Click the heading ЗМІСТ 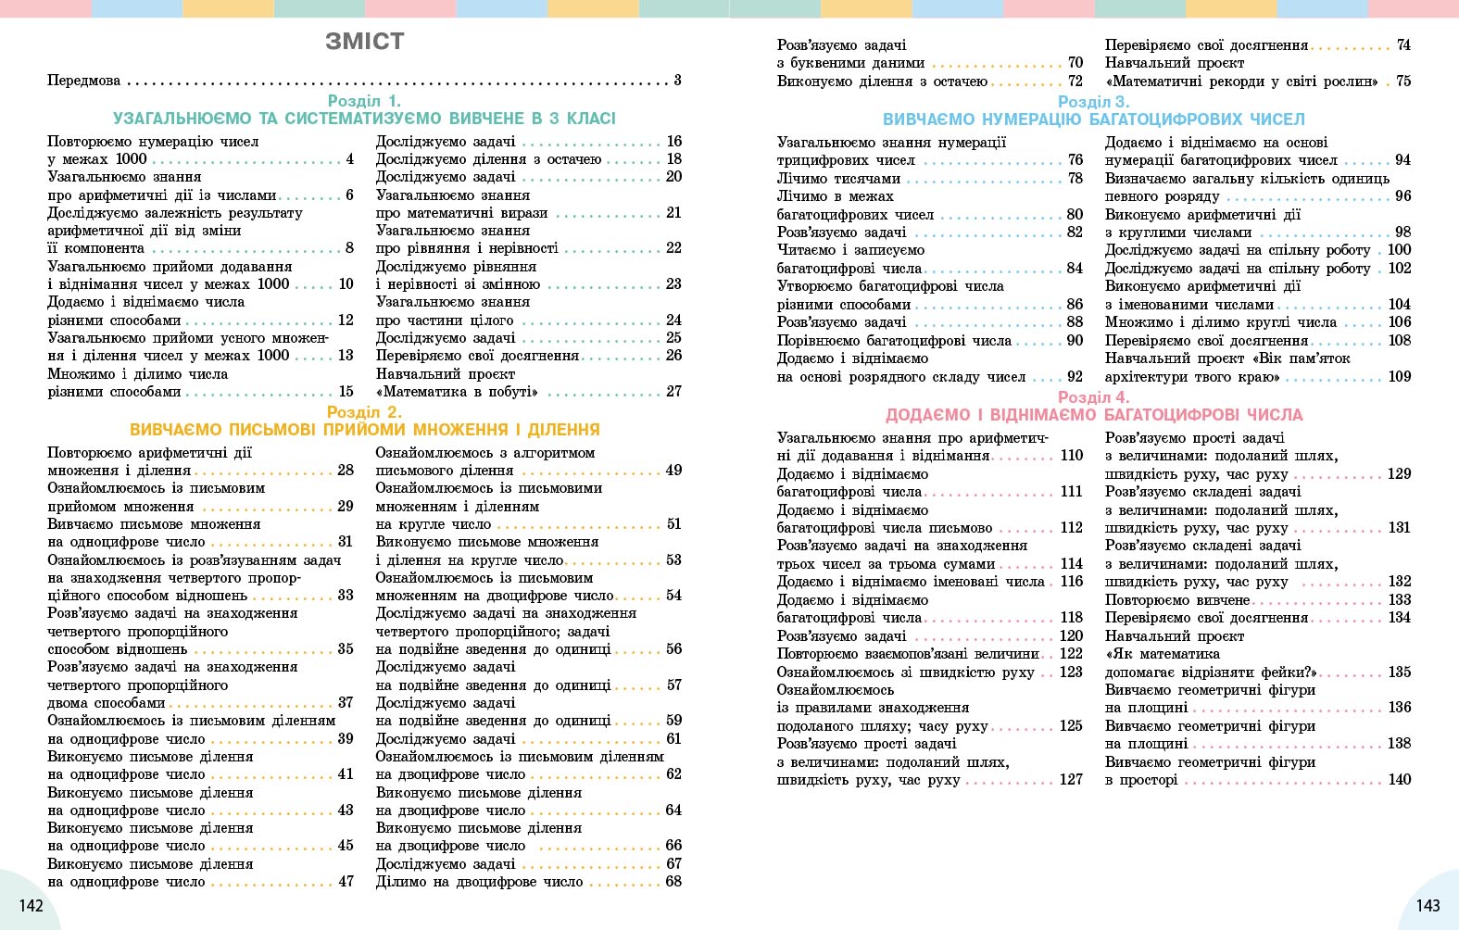[365, 42]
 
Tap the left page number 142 [31, 905]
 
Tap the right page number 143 [1428, 905]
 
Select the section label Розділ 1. [364, 101]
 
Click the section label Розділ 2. [364, 412]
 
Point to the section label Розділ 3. [1093, 102]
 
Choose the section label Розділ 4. [1093, 397]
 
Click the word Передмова [84, 81]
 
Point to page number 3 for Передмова [677, 81]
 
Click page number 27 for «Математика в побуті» [673, 392]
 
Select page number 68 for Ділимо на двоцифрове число [673, 882]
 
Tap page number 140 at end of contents [1399, 780]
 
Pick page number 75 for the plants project [1403, 82]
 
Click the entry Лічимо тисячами [838, 179]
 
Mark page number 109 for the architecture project [1399, 377]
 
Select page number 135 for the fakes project [1399, 672]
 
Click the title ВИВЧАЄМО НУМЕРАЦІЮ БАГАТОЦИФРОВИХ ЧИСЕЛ [1093, 119]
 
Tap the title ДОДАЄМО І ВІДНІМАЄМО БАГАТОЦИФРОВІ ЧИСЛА [1093, 415]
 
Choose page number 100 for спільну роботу [1399, 250]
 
